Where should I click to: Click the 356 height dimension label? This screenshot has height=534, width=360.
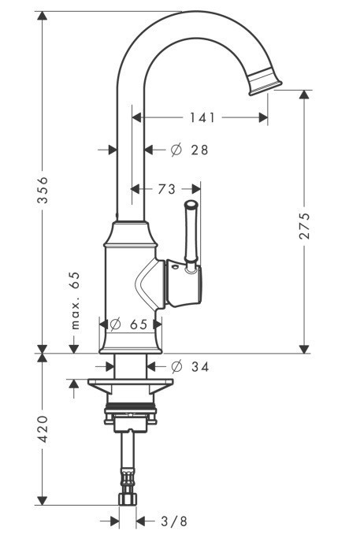[44, 189]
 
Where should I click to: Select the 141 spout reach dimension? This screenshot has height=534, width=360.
[202, 117]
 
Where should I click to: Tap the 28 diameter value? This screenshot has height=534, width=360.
[199, 149]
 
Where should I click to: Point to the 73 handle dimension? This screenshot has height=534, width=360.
[166, 189]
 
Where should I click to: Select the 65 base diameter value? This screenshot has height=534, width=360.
[139, 323]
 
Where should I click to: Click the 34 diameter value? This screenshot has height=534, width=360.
[199, 365]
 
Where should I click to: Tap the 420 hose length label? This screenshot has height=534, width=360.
[44, 428]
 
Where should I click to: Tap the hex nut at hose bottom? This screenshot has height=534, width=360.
[128, 499]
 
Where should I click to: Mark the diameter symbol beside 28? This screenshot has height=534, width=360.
[176, 149]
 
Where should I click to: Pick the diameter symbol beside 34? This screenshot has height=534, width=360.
[176, 365]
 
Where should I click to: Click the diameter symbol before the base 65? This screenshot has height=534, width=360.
[115, 323]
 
